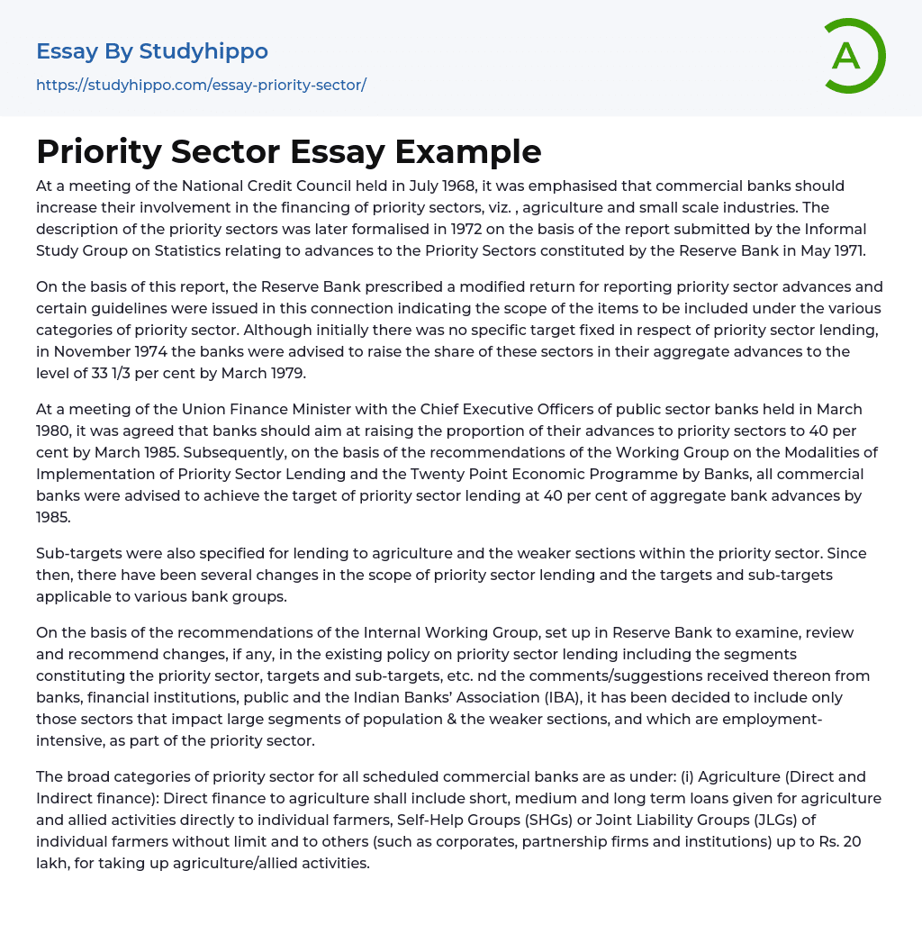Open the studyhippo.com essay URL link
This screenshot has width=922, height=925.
point(201,85)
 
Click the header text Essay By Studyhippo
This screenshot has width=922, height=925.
point(152,51)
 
